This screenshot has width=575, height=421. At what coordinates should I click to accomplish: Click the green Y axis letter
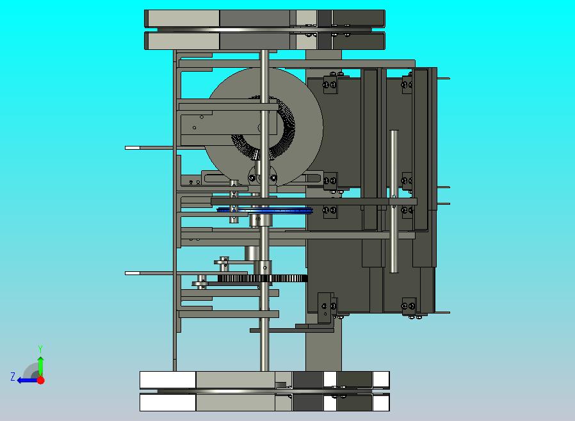coord(40,349)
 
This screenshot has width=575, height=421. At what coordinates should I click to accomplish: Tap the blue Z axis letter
coord(13,377)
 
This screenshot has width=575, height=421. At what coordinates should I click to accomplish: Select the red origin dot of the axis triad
coord(41,380)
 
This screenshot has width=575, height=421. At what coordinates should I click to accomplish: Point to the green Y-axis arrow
coord(41,367)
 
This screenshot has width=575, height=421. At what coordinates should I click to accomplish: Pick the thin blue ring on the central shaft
coord(264,210)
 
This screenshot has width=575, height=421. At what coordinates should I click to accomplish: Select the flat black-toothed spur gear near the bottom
coord(262,278)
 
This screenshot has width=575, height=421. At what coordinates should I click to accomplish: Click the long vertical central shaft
coord(264,210)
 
